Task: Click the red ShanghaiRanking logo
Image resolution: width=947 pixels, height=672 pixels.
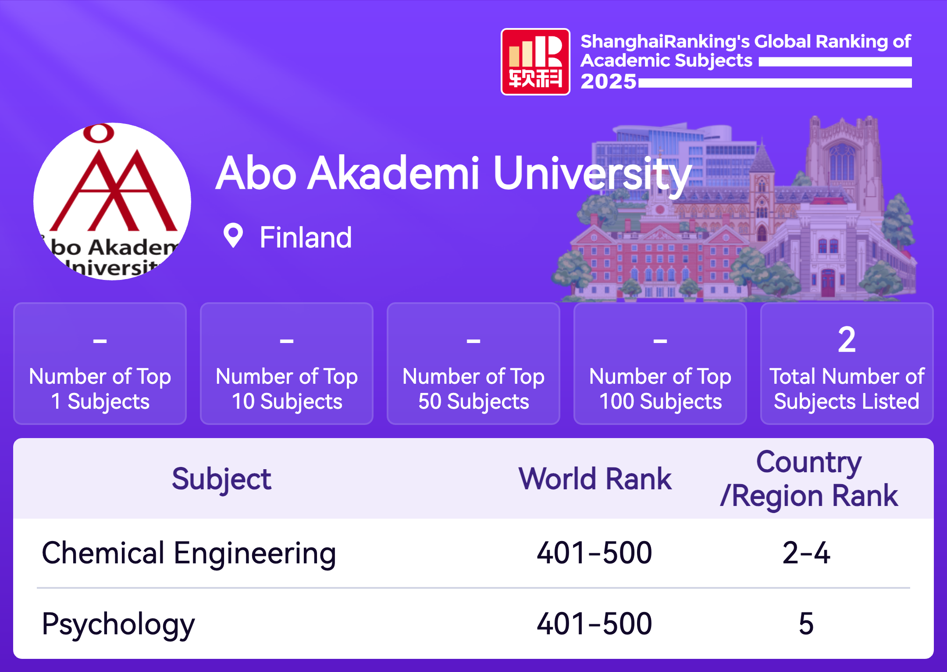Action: click(535, 62)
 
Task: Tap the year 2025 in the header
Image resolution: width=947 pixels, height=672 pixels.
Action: click(608, 81)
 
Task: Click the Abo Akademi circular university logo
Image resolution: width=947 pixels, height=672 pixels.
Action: click(112, 202)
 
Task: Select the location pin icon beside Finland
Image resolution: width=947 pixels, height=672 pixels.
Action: click(233, 236)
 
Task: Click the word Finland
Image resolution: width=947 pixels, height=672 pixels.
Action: click(306, 237)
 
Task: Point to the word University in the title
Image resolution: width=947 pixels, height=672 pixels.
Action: click(592, 175)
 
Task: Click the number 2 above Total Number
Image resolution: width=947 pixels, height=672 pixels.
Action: click(847, 340)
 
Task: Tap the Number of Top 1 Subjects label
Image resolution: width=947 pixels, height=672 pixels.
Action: click(100, 389)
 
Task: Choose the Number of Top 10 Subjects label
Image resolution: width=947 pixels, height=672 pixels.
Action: click(287, 389)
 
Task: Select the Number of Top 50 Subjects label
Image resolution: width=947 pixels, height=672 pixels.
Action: click(473, 389)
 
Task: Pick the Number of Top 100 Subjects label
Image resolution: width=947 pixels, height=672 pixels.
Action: click(660, 389)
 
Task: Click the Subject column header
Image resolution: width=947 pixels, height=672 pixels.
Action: click(221, 479)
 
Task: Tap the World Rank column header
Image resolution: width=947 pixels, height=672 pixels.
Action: click(595, 478)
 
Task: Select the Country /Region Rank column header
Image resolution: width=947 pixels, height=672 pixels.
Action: click(809, 479)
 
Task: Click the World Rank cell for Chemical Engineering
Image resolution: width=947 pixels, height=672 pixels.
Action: click(595, 553)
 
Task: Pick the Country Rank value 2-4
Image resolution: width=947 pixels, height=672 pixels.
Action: click(806, 553)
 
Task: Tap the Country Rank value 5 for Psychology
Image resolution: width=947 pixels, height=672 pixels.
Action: click(806, 624)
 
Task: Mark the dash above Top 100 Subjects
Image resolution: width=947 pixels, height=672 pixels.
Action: click(660, 341)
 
